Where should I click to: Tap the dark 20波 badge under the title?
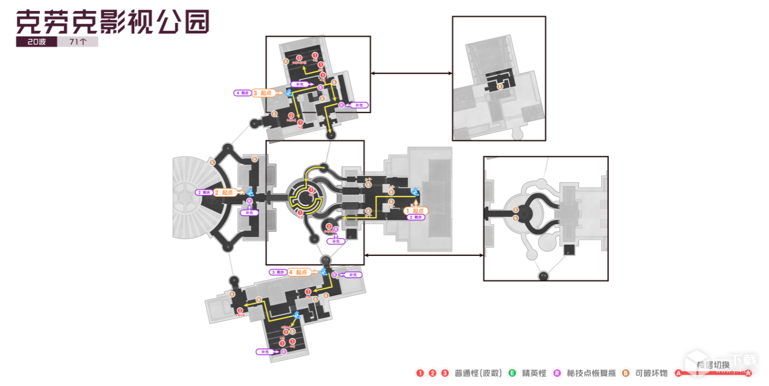[36, 42]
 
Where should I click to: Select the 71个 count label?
[77, 42]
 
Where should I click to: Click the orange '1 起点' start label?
[416, 210]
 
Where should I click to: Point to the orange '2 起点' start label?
[224, 192]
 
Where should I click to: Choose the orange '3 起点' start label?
[262, 92]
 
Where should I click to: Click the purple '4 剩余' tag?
[242, 93]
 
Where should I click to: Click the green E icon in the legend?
[512, 373]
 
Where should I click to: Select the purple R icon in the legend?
[557, 373]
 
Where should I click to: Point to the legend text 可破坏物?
[651, 373]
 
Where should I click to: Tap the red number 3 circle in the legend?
[445, 373]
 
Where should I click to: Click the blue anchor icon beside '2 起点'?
[250, 192]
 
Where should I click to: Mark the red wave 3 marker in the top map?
[299, 57]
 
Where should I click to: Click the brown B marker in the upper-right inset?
[500, 86]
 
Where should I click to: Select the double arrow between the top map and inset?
[411, 74]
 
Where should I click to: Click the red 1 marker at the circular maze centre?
[311, 190]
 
